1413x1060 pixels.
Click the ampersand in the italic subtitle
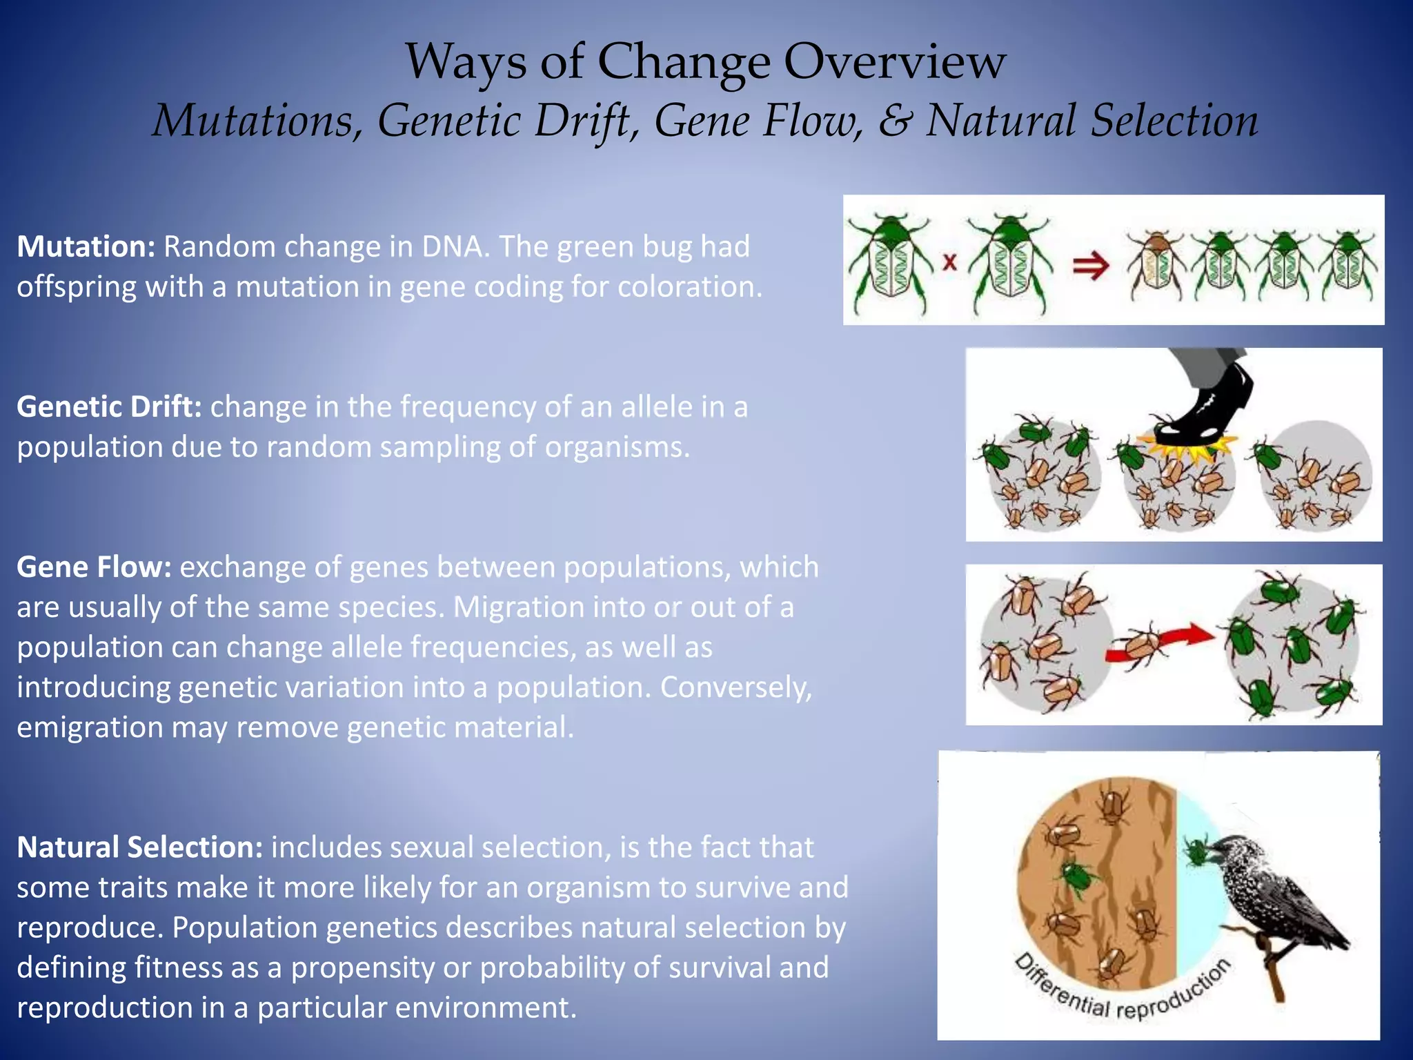pos(895,121)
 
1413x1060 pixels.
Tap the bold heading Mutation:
pos(86,247)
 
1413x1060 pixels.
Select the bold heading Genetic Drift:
pos(109,407)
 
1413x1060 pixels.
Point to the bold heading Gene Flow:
pos(94,567)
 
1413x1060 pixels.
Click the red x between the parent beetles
pos(950,262)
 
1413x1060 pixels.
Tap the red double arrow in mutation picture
pos(1091,266)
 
